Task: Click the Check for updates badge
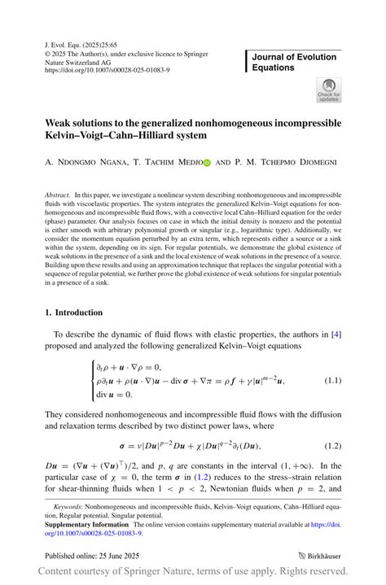point(328,90)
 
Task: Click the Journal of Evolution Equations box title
point(295,62)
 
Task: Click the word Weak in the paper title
point(59,123)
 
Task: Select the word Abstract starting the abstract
point(58,196)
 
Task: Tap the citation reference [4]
point(336,334)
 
